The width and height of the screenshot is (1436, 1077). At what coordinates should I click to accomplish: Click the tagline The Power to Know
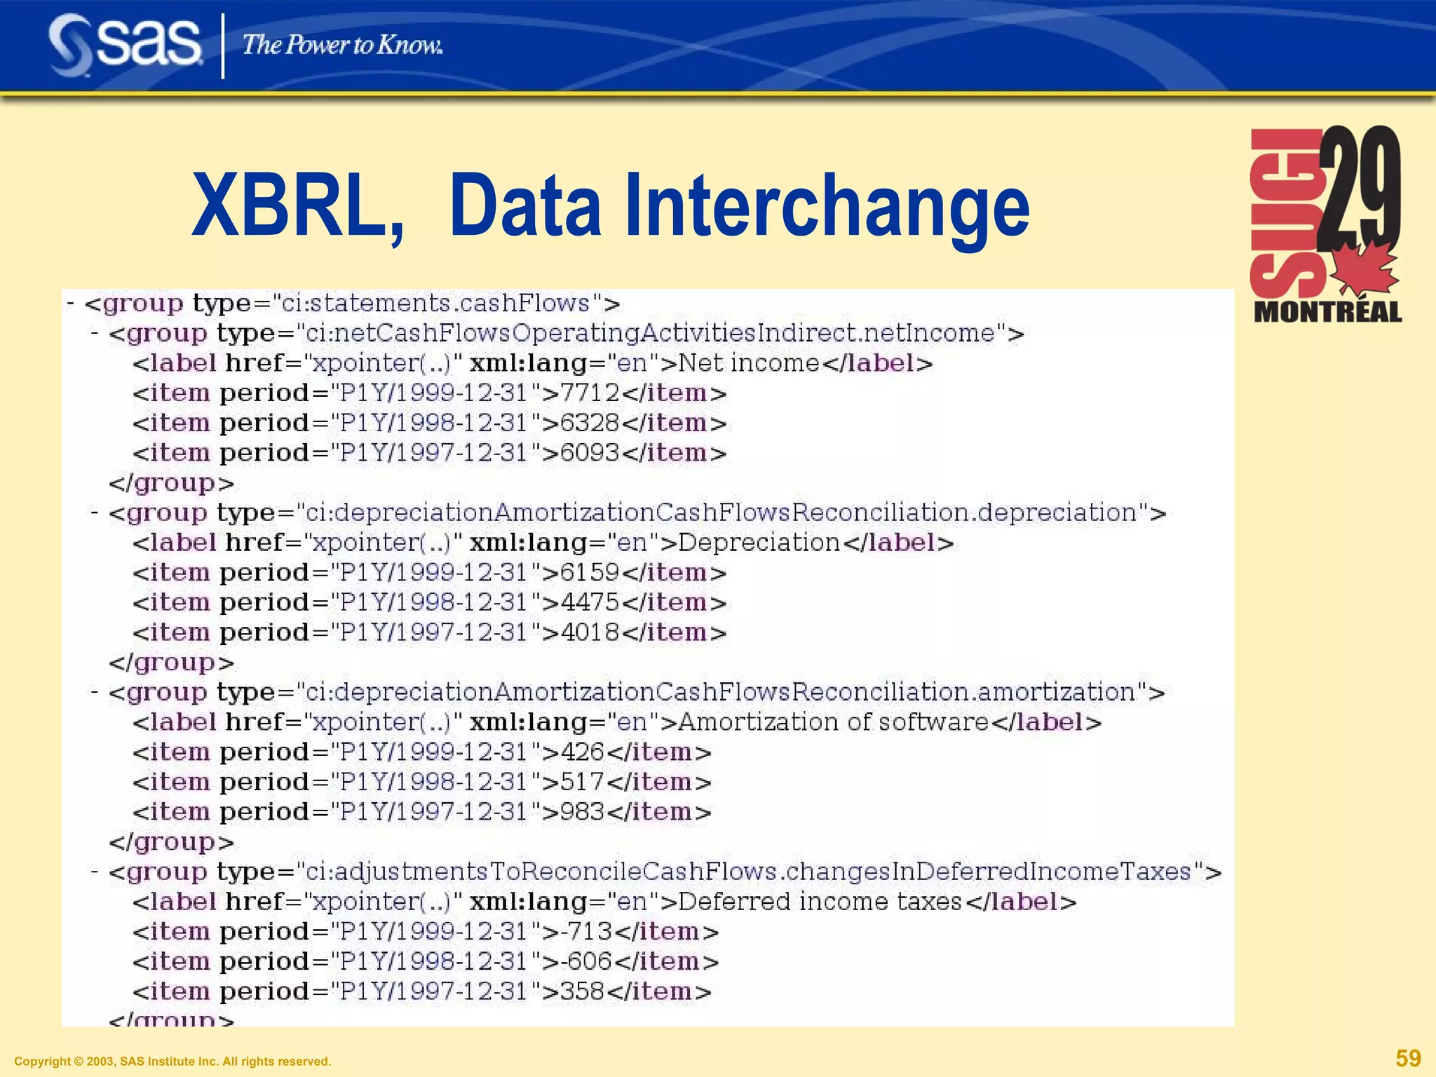(x=342, y=46)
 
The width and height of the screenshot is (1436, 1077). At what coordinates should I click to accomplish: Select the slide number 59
(x=1408, y=1058)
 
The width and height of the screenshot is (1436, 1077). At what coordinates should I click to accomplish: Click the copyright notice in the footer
(x=172, y=1062)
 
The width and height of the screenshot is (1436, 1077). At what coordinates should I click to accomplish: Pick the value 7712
(x=590, y=393)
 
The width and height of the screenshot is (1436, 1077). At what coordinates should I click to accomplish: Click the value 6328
(x=590, y=424)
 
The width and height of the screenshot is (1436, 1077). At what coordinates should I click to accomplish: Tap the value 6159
(x=590, y=573)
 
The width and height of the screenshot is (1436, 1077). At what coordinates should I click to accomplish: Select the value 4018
(x=590, y=632)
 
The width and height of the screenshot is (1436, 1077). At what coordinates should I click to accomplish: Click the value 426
(x=583, y=752)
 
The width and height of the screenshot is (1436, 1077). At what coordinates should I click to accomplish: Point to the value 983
(x=583, y=812)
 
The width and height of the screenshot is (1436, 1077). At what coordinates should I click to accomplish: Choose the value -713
(x=587, y=932)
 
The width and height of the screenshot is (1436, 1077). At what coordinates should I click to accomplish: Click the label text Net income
(x=749, y=363)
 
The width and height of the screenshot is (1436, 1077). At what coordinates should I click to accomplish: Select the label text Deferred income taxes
(x=820, y=902)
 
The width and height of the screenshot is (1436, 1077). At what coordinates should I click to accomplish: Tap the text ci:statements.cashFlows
(x=435, y=304)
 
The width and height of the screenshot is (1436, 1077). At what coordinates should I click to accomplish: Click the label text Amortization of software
(x=834, y=722)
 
